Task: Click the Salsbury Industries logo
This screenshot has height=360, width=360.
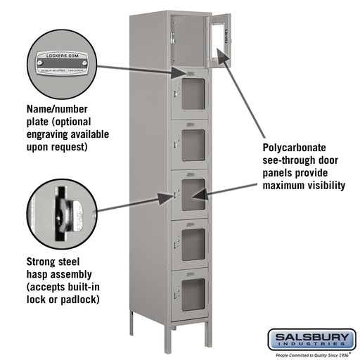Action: click(311, 340)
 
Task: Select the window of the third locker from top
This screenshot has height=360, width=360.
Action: click(193, 141)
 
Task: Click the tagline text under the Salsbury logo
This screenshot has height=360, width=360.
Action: click(311, 354)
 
